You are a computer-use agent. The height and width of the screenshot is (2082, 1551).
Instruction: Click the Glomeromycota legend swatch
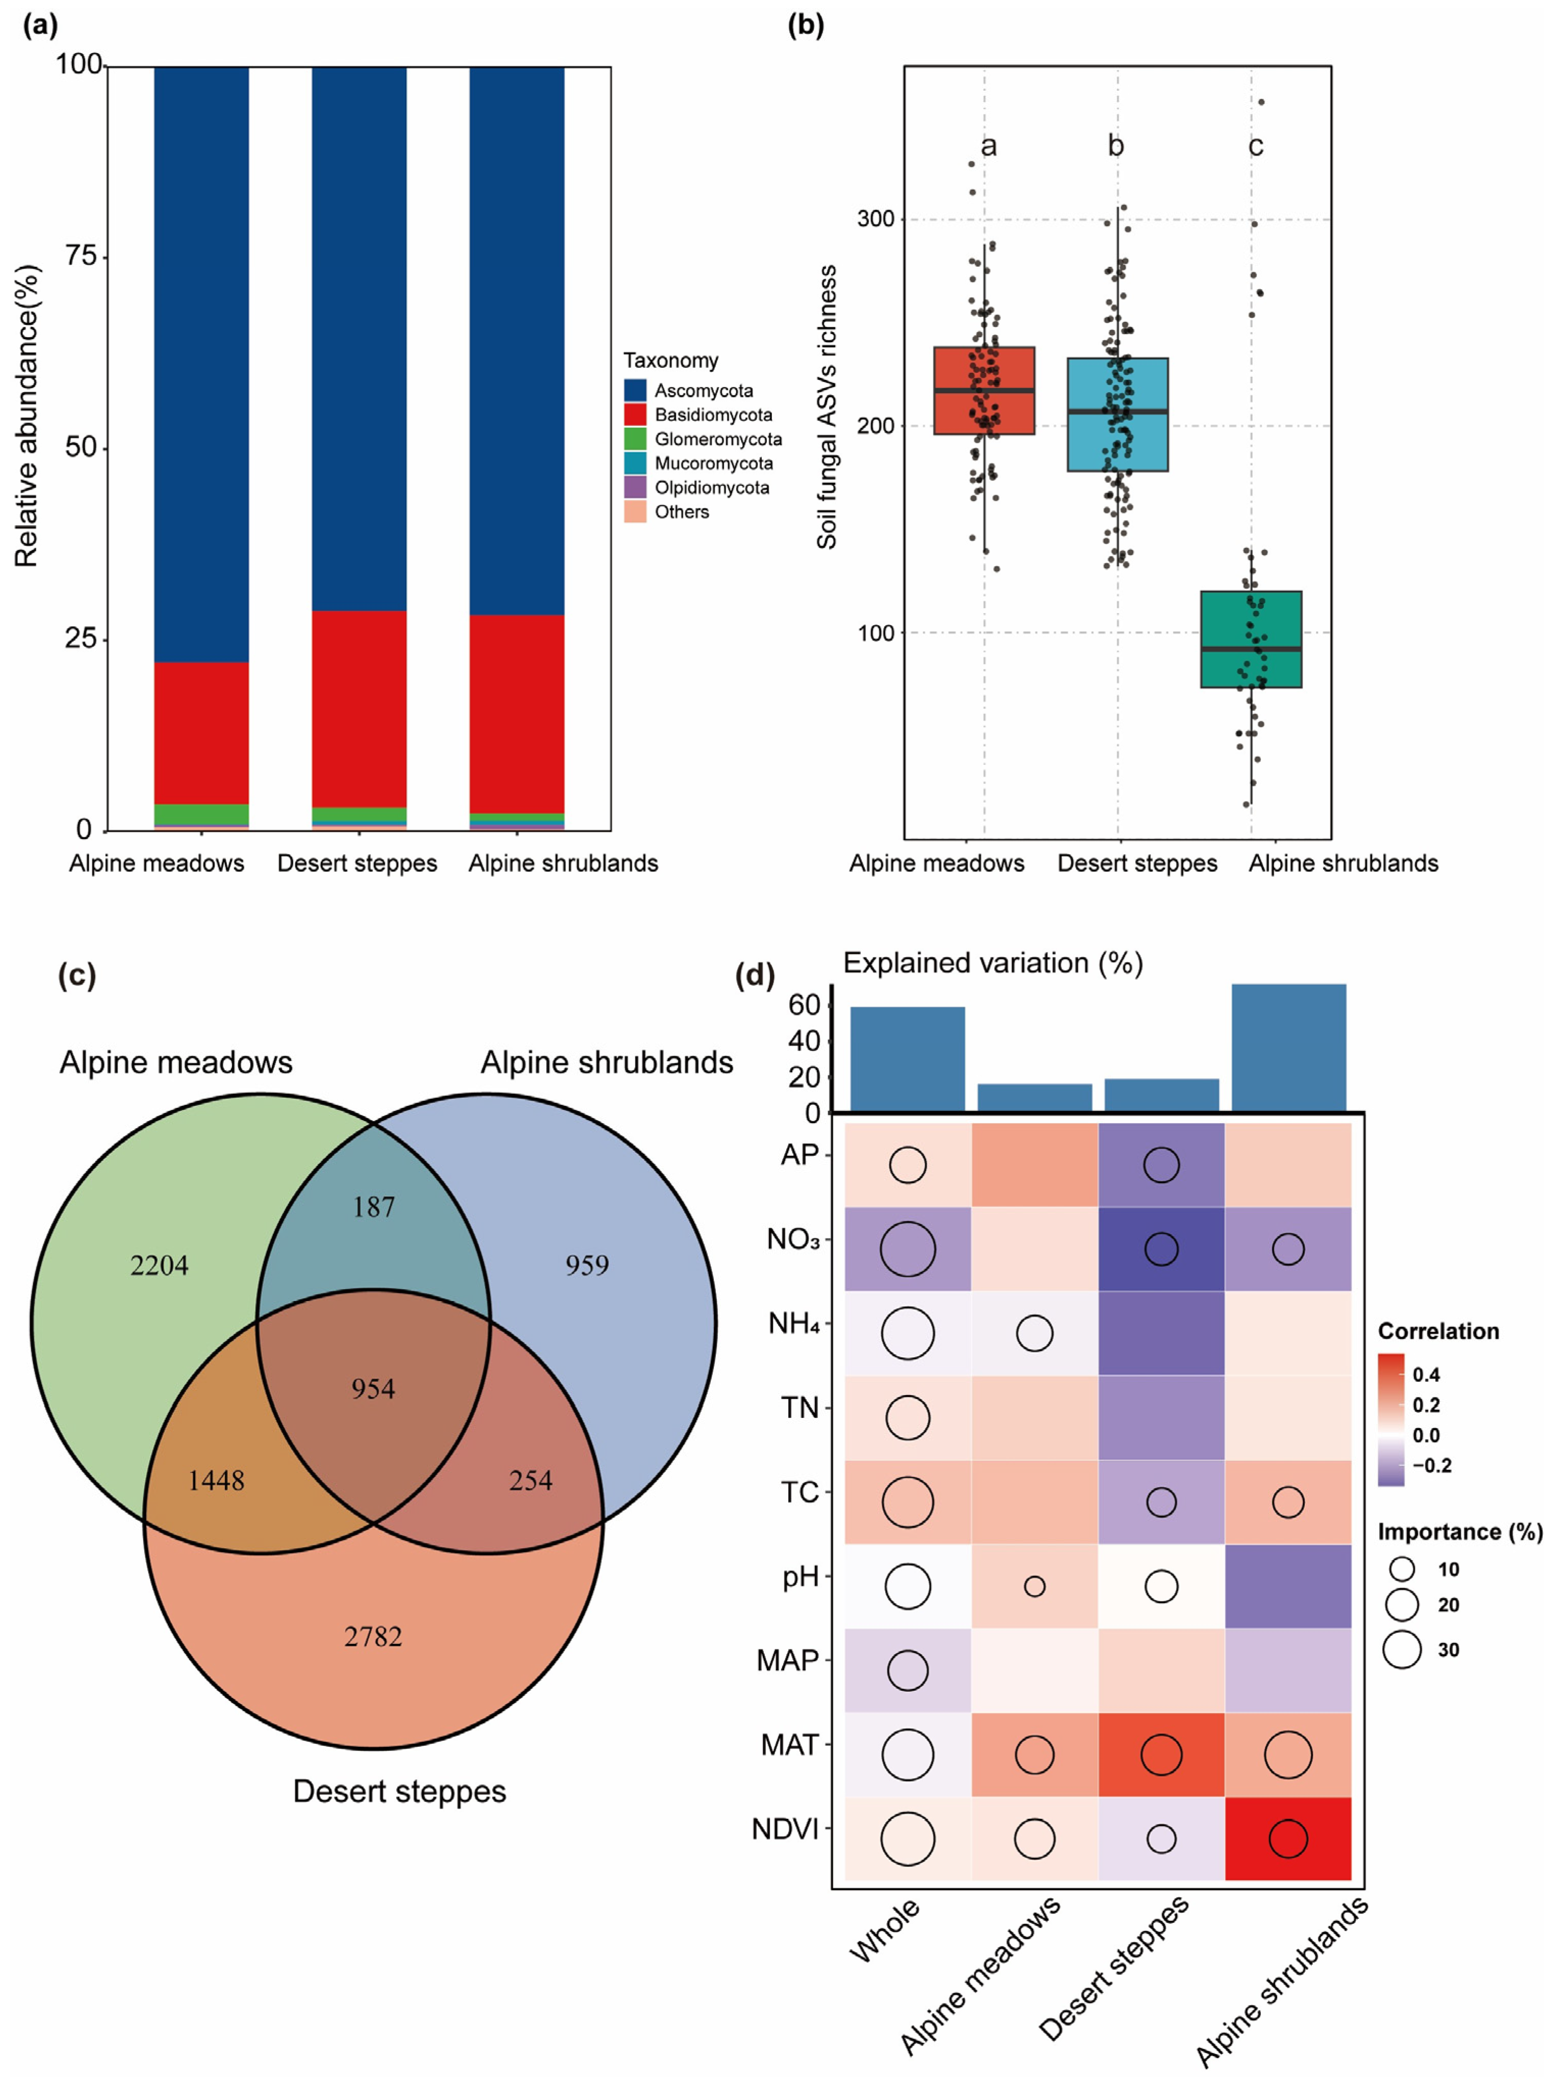pyautogui.click(x=635, y=439)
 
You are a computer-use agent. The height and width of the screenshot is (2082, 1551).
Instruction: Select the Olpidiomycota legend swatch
pyautogui.click(x=635, y=488)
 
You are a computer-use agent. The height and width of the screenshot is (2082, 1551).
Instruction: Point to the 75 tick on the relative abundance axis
pyautogui.click(x=83, y=257)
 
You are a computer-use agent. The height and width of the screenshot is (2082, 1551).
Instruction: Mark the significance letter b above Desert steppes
pyautogui.click(x=1116, y=145)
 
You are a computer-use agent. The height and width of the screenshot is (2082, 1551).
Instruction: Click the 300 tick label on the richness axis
pyautogui.click(x=875, y=219)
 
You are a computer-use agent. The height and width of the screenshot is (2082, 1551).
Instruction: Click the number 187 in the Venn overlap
pyautogui.click(x=374, y=1207)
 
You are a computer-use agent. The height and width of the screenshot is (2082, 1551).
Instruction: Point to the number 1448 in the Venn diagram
pyautogui.click(x=216, y=1480)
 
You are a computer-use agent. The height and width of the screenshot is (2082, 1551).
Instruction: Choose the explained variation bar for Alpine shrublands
pyautogui.click(x=1288, y=1047)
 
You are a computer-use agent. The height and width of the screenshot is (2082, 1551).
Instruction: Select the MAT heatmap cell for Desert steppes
pyautogui.click(x=1161, y=1754)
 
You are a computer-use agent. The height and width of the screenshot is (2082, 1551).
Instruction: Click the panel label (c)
pyautogui.click(x=77, y=976)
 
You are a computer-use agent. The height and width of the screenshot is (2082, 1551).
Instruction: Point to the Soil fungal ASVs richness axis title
pyautogui.click(x=826, y=407)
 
